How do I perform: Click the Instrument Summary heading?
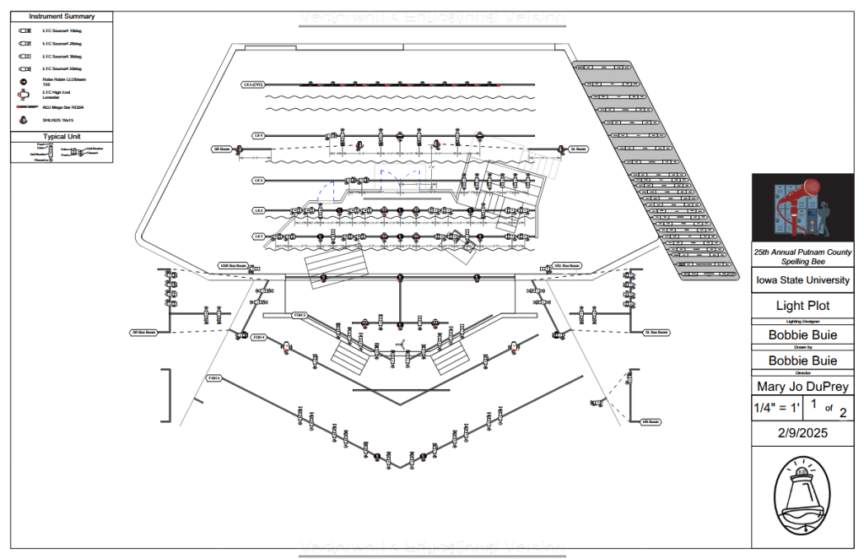coord(62,16)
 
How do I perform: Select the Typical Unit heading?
coord(62,137)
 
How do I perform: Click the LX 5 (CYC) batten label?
coord(253,84)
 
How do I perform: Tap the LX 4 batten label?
coord(259,135)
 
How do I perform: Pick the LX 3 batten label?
coord(259,180)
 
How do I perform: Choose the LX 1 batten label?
coord(259,236)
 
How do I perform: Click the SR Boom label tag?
coord(222,149)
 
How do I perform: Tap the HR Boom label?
coord(650,421)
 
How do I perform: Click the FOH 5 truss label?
coord(214,377)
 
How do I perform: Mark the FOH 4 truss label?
coord(259,337)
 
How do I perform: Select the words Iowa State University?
coord(802,280)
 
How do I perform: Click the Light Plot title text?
coord(802,306)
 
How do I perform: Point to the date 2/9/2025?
coord(802,433)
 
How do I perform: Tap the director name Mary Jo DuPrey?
coord(802,388)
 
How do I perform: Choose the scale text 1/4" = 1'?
coord(775,410)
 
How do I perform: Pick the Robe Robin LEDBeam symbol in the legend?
coord(24,81)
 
